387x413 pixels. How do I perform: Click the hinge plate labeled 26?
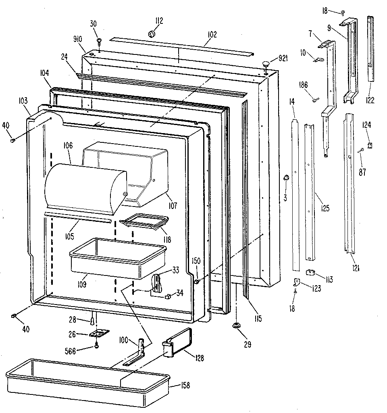[100, 334]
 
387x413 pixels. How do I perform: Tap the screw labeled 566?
[97, 345]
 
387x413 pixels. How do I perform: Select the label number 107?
[173, 205]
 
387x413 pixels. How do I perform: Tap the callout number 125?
[325, 209]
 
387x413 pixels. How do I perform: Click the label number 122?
[370, 100]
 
